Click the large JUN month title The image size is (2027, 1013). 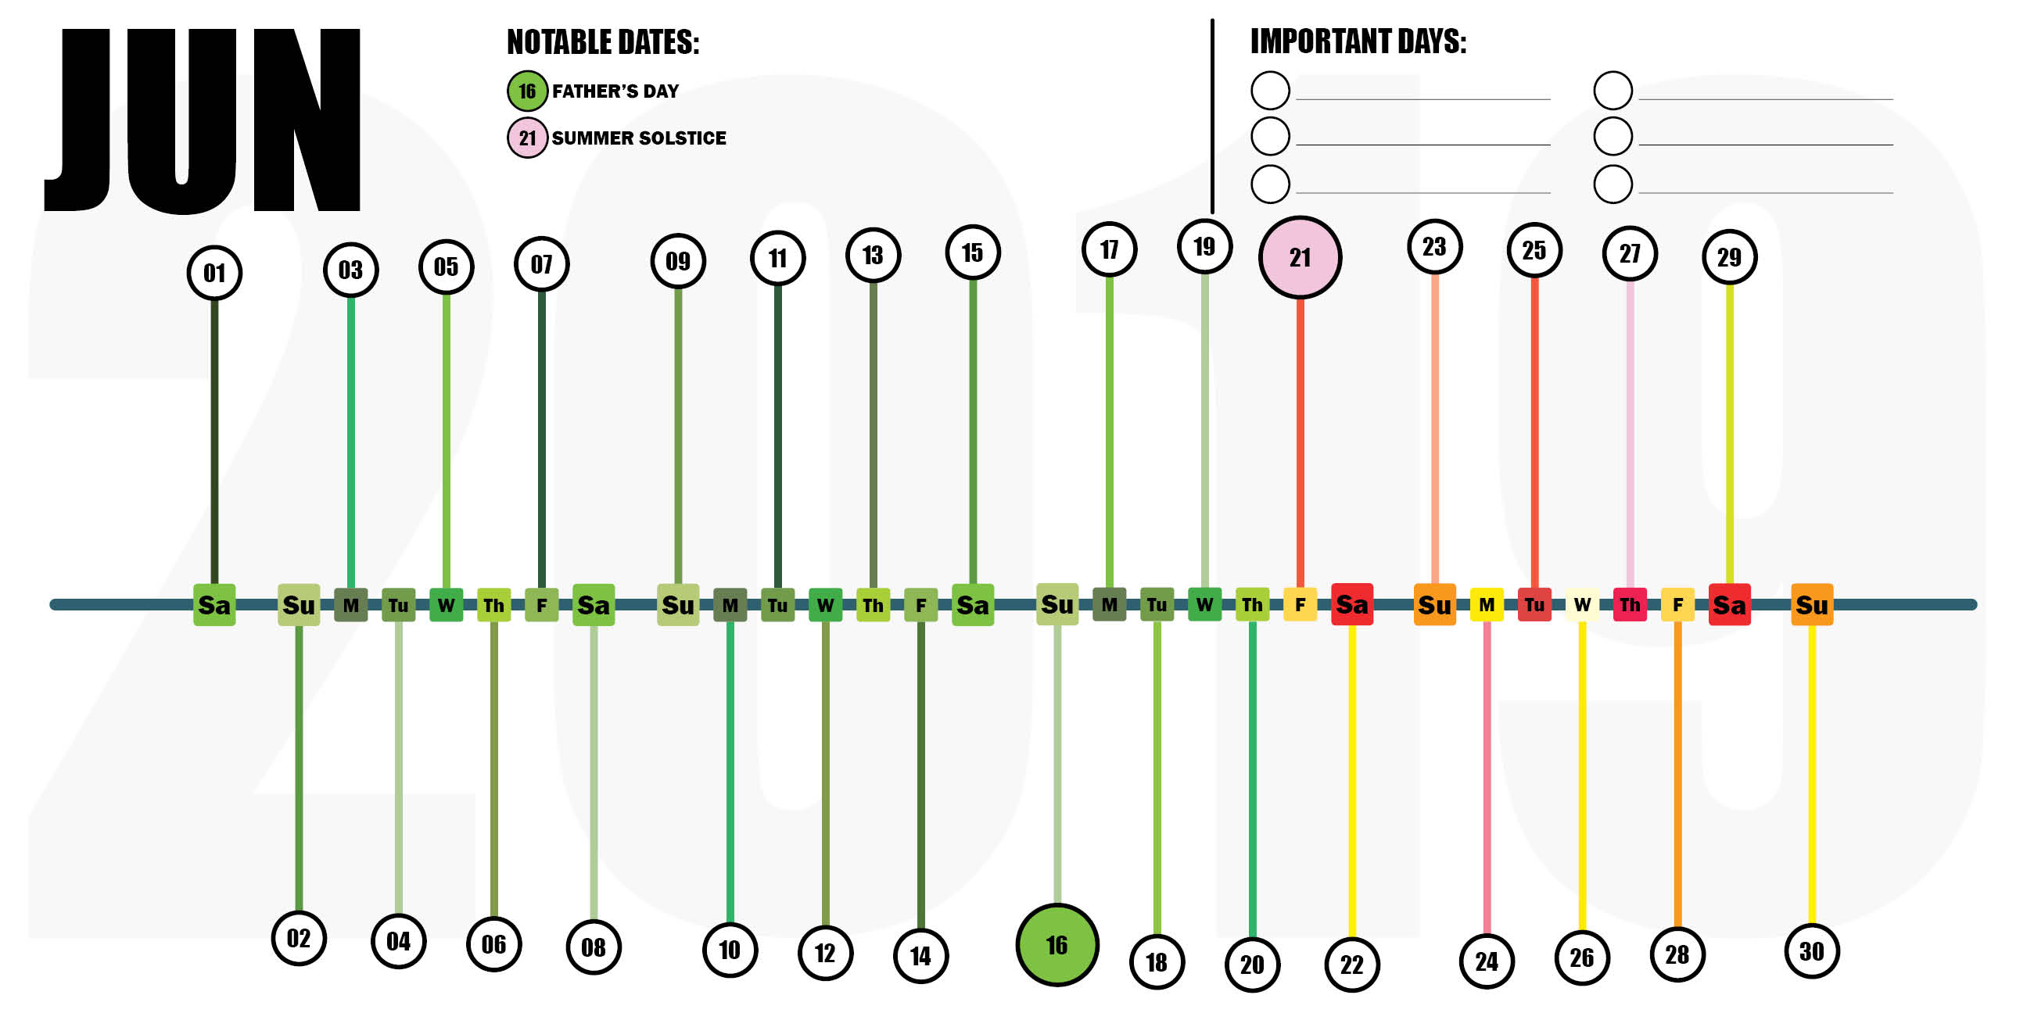tap(203, 120)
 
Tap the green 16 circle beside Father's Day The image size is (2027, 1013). tap(526, 91)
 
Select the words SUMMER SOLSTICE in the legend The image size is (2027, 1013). tap(638, 138)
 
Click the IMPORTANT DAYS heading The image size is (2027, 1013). tap(1358, 41)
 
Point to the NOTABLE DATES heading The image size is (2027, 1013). tap(603, 42)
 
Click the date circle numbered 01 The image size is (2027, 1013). tap(214, 273)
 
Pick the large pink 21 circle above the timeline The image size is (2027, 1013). tap(1299, 257)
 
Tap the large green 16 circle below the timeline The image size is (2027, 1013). tap(1056, 943)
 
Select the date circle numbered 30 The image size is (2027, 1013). tap(1811, 951)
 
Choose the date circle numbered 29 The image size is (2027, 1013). tap(1729, 257)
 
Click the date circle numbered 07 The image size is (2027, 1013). tap(541, 264)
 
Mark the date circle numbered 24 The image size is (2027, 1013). tap(1487, 961)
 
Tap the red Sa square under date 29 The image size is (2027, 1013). tap(1729, 604)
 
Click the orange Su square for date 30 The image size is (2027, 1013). tap(1811, 604)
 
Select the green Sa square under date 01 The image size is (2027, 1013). tap(214, 604)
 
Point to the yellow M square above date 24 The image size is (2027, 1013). tap(1487, 604)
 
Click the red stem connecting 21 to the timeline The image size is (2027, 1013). tap(1300, 440)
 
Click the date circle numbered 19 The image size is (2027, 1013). tap(1204, 247)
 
